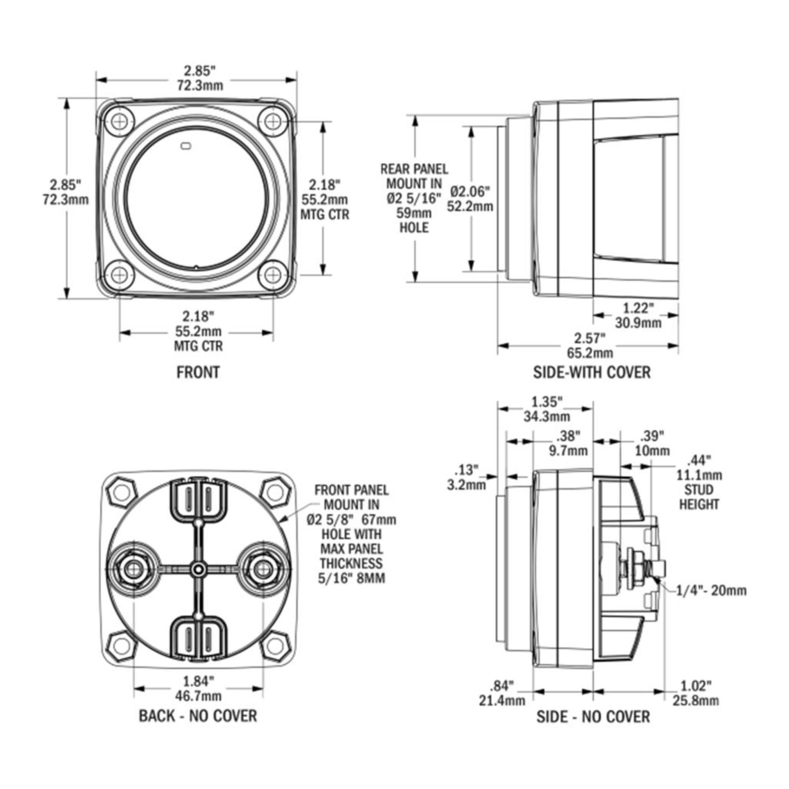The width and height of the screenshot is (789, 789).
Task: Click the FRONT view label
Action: click(x=198, y=372)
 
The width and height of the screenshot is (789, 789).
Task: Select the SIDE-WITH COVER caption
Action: click(x=592, y=372)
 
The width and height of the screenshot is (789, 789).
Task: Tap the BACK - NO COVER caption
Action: click(x=198, y=715)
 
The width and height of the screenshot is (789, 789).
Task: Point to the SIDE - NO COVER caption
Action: click(x=593, y=716)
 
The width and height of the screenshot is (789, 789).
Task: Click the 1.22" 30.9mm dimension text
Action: click(x=638, y=315)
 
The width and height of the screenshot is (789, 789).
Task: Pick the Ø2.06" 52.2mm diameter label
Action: click(x=470, y=198)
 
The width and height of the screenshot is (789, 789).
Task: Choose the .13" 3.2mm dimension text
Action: click(x=466, y=477)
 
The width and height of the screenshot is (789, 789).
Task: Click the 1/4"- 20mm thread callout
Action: click(x=711, y=591)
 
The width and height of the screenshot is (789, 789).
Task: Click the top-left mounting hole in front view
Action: click(x=120, y=121)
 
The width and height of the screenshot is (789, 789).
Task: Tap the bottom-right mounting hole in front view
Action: click(x=273, y=274)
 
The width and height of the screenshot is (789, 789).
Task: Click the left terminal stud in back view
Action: click(x=133, y=569)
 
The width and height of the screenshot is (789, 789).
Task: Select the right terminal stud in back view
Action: click(x=263, y=569)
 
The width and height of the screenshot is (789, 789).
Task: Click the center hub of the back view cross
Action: click(x=198, y=569)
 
